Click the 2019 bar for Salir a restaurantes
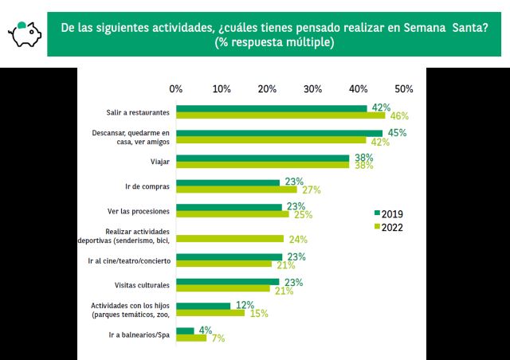pos(271,108)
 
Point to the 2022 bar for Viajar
pos(263,166)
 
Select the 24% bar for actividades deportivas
pos(229,239)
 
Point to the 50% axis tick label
pos(403,88)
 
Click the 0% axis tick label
pos(176,88)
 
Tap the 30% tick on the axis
pos(312,88)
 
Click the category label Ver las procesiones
pos(138,211)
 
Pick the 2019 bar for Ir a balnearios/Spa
pos(185,331)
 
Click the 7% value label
pos(218,338)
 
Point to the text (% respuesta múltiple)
pos(274,43)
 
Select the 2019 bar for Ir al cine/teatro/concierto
pos(229,256)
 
